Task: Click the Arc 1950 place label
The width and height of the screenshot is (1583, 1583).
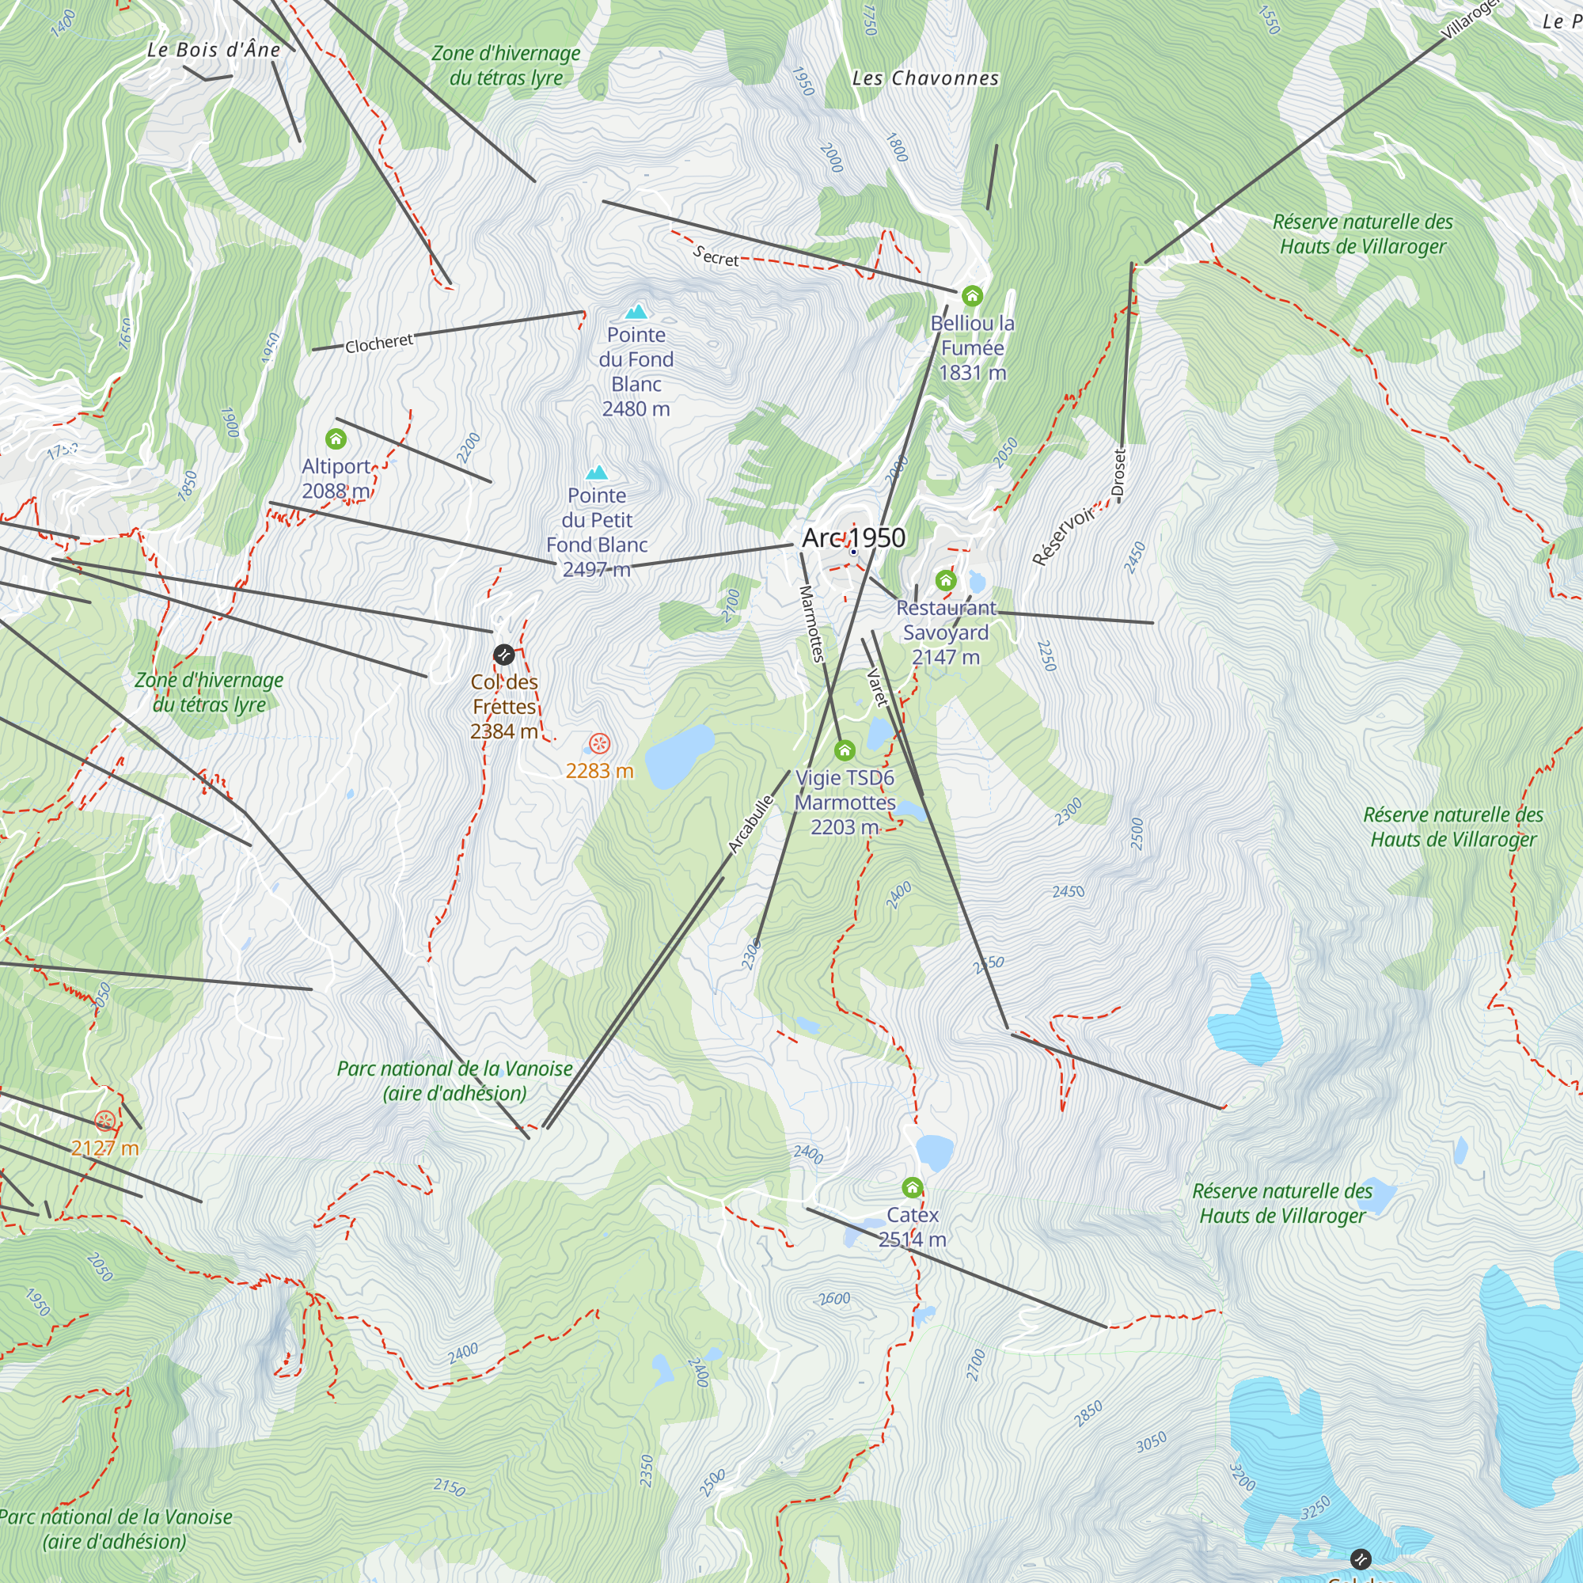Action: (x=854, y=537)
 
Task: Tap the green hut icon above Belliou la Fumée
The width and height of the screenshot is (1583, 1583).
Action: (x=972, y=295)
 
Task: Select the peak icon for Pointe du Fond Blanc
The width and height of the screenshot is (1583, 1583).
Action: (x=636, y=311)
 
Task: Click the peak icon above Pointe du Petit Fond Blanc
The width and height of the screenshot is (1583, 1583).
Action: (x=597, y=472)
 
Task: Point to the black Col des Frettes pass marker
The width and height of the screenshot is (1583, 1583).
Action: (x=504, y=654)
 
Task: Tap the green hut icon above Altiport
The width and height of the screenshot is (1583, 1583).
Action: (x=336, y=439)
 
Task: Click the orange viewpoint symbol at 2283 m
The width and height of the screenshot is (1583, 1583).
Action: (x=600, y=744)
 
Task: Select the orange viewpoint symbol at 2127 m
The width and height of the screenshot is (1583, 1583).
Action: (x=105, y=1120)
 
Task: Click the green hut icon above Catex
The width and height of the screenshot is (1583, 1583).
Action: (x=912, y=1187)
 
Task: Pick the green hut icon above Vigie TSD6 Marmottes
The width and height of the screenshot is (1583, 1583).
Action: (x=845, y=750)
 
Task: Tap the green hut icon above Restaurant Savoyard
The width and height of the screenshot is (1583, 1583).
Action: (x=946, y=581)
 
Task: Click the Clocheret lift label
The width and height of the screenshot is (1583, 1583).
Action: (x=378, y=344)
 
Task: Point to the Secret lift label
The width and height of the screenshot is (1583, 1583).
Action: (x=716, y=256)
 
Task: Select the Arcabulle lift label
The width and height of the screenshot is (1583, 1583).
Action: (x=750, y=824)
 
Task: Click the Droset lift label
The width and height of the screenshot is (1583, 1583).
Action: (x=1119, y=473)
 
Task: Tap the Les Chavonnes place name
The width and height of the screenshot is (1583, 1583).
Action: (x=925, y=78)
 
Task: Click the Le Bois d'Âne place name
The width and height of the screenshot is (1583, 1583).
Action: (x=214, y=50)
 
